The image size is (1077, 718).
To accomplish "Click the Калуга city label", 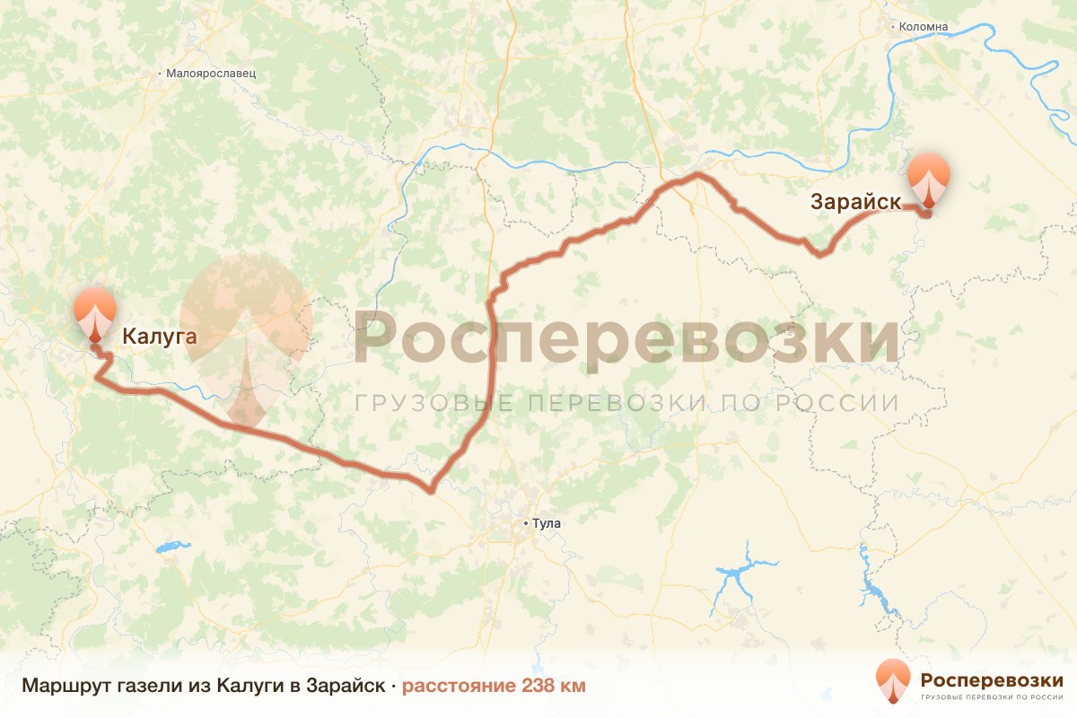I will (x=159, y=337).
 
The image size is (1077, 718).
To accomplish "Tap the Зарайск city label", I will (x=855, y=202).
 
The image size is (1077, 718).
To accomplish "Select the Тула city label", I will (x=546, y=522).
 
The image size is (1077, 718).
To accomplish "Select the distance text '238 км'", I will (x=553, y=687).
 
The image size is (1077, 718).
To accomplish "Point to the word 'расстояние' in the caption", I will (x=459, y=687).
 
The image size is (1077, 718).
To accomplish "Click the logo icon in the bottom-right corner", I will (x=892, y=681).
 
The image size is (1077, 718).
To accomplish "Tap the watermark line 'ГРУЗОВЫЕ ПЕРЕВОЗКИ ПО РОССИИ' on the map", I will (x=626, y=403).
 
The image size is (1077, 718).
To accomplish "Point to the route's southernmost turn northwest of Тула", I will (x=431, y=490).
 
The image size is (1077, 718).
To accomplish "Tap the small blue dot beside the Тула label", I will (x=527, y=522).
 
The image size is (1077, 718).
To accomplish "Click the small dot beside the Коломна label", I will (x=894, y=27).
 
